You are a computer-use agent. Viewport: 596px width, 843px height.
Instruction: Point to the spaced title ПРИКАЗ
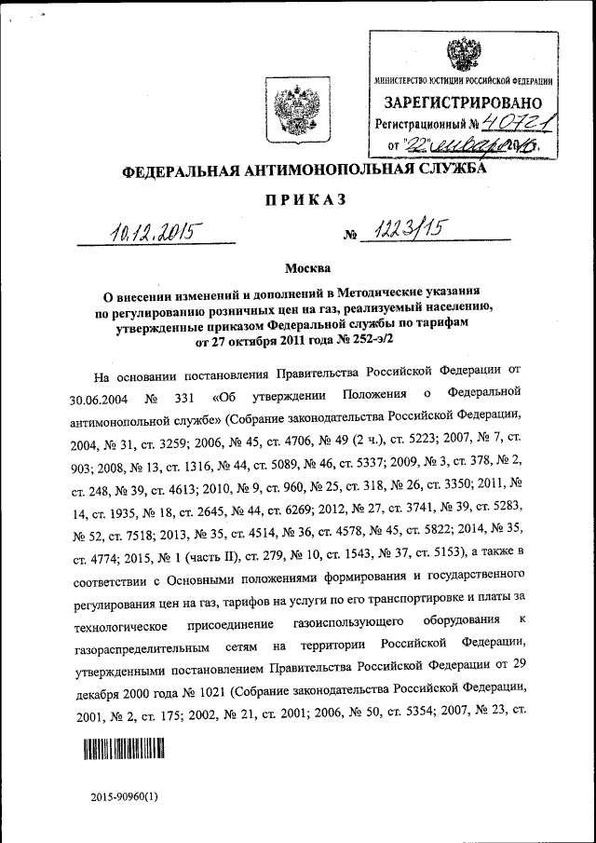click(x=299, y=200)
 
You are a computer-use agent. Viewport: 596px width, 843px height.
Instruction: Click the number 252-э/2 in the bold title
click(x=370, y=343)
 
